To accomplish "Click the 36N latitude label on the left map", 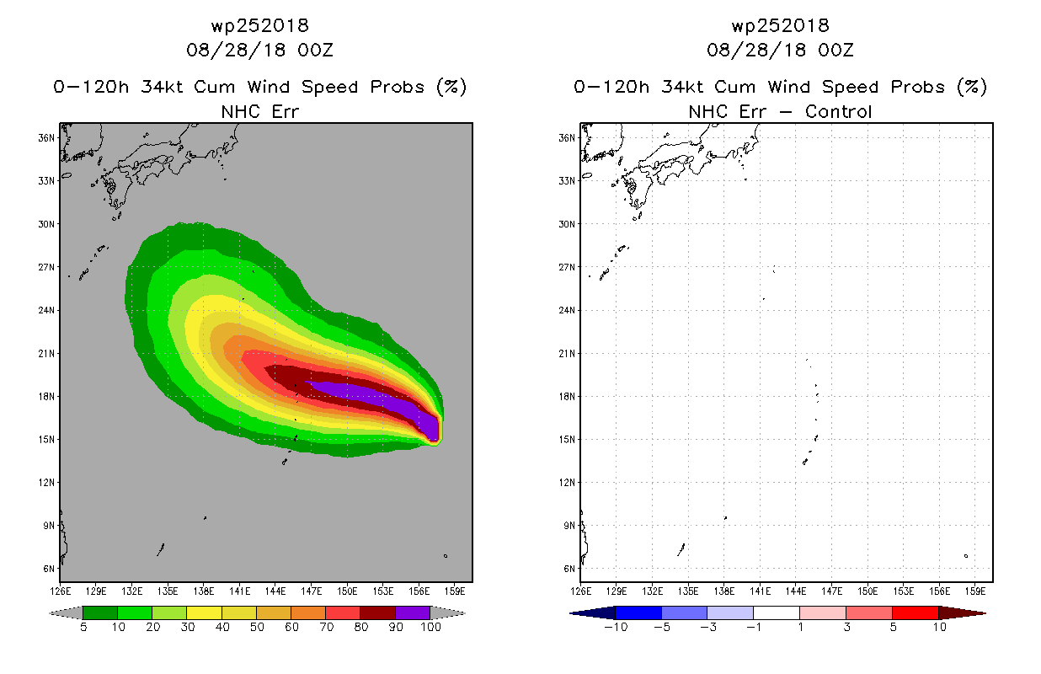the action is (x=46, y=138).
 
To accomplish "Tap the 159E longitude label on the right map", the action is (x=975, y=591).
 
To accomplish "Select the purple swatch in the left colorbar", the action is (x=413, y=613).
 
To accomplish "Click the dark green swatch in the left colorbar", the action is (x=100, y=613).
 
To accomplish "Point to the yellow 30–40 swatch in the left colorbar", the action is (x=204, y=613).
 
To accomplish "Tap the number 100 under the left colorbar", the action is (x=431, y=627).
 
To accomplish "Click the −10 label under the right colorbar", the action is (x=616, y=627).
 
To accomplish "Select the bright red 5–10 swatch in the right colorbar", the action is (x=916, y=613).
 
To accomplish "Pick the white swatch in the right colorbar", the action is (x=777, y=613).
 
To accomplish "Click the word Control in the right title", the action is (x=838, y=112).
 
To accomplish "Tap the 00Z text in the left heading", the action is (x=316, y=51).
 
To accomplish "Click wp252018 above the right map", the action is (x=780, y=26).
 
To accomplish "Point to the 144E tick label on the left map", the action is (x=275, y=591).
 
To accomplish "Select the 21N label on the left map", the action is (x=46, y=354).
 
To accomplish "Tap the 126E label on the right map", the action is (x=580, y=591).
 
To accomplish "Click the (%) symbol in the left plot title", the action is (x=451, y=87).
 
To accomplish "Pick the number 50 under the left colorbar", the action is (x=257, y=627).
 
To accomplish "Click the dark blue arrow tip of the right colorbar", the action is (x=571, y=613).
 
